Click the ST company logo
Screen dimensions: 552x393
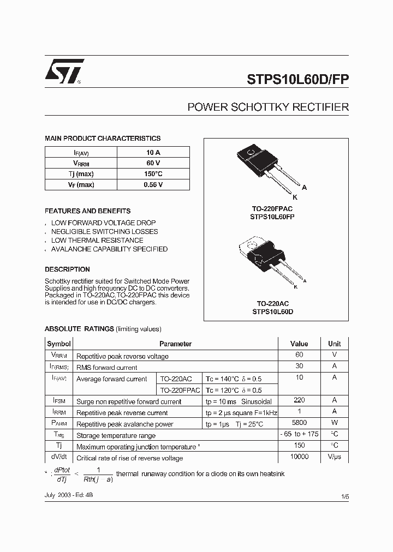tap(64, 71)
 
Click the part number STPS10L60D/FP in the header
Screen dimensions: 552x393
tap(298, 78)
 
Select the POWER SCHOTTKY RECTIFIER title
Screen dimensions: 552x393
tap(268, 107)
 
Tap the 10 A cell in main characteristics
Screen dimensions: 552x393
tap(153, 152)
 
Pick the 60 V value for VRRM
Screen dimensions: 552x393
tap(153, 163)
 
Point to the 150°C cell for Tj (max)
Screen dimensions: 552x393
tap(153, 174)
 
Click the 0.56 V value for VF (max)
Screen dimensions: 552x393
tap(153, 185)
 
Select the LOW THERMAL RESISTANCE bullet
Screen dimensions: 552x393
tap(97, 240)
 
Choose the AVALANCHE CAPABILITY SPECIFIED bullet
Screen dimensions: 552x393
tap(109, 249)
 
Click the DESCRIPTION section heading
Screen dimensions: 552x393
tap(67, 269)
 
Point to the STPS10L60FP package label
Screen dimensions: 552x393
tap(273, 217)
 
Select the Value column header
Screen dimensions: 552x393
tap(299, 344)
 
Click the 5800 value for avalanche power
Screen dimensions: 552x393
tap(299, 423)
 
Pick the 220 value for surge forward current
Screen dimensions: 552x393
tap(299, 400)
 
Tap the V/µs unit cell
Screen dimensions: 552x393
tap(334, 457)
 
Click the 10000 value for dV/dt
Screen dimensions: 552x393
tap(299, 457)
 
